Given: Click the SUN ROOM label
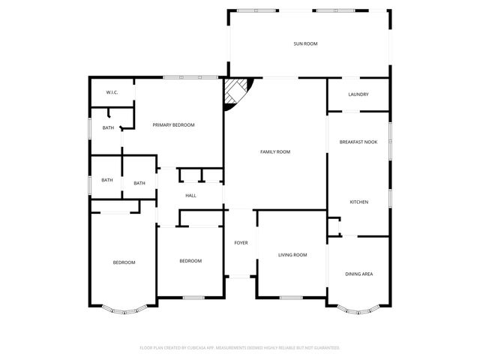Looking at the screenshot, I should click(x=305, y=44).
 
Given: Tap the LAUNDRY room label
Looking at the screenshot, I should click(x=358, y=94).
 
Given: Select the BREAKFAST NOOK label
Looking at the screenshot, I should click(x=358, y=142).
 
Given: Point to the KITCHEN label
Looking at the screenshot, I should click(x=358, y=202).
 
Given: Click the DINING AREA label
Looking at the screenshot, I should click(x=358, y=274).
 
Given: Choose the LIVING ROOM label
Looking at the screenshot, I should click(x=292, y=255).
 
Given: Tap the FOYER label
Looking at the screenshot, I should click(x=241, y=243).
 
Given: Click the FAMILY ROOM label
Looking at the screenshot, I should click(x=275, y=152).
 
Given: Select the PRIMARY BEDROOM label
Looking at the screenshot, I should click(x=173, y=124).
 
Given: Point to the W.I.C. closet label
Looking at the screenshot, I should click(x=112, y=92).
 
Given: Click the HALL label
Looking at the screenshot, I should click(x=190, y=196).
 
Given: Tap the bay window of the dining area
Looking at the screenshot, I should click(x=358, y=307).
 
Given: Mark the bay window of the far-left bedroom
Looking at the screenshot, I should click(x=124, y=307).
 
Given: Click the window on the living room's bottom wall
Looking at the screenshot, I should click(x=291, y=298).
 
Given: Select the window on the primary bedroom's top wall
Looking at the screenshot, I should click(x=181, y=77).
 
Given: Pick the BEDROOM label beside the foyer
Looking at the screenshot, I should click(x=190, y=261).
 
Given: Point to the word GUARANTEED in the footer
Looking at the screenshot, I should click(x=323, y=348).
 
